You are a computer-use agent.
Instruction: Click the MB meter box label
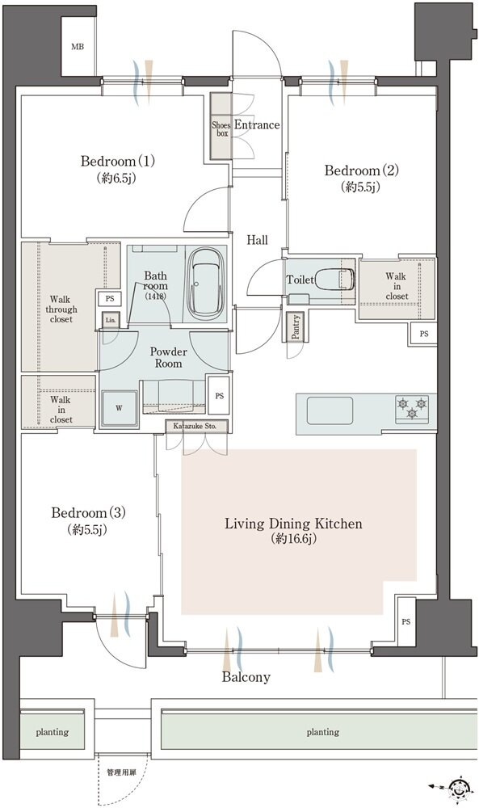(x=78, y=47)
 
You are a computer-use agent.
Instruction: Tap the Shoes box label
(x=221, y=128)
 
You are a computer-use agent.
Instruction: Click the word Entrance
(x=257, y=124)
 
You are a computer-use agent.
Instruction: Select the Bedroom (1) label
(x=117, y=162)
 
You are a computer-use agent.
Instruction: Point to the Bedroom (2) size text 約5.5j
(x=360, y=187)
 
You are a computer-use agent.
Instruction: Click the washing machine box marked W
(x=120, y=408)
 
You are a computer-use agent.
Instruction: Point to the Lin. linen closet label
(x=111, y=320)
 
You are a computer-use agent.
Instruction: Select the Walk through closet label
(x=61, y=309)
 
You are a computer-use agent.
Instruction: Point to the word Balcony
(x=246, y=676)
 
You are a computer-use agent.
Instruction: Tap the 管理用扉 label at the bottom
(x=121, y=772)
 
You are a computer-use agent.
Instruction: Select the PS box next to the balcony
(x=405, y=621)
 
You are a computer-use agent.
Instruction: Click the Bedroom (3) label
(x=89, y=513)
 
